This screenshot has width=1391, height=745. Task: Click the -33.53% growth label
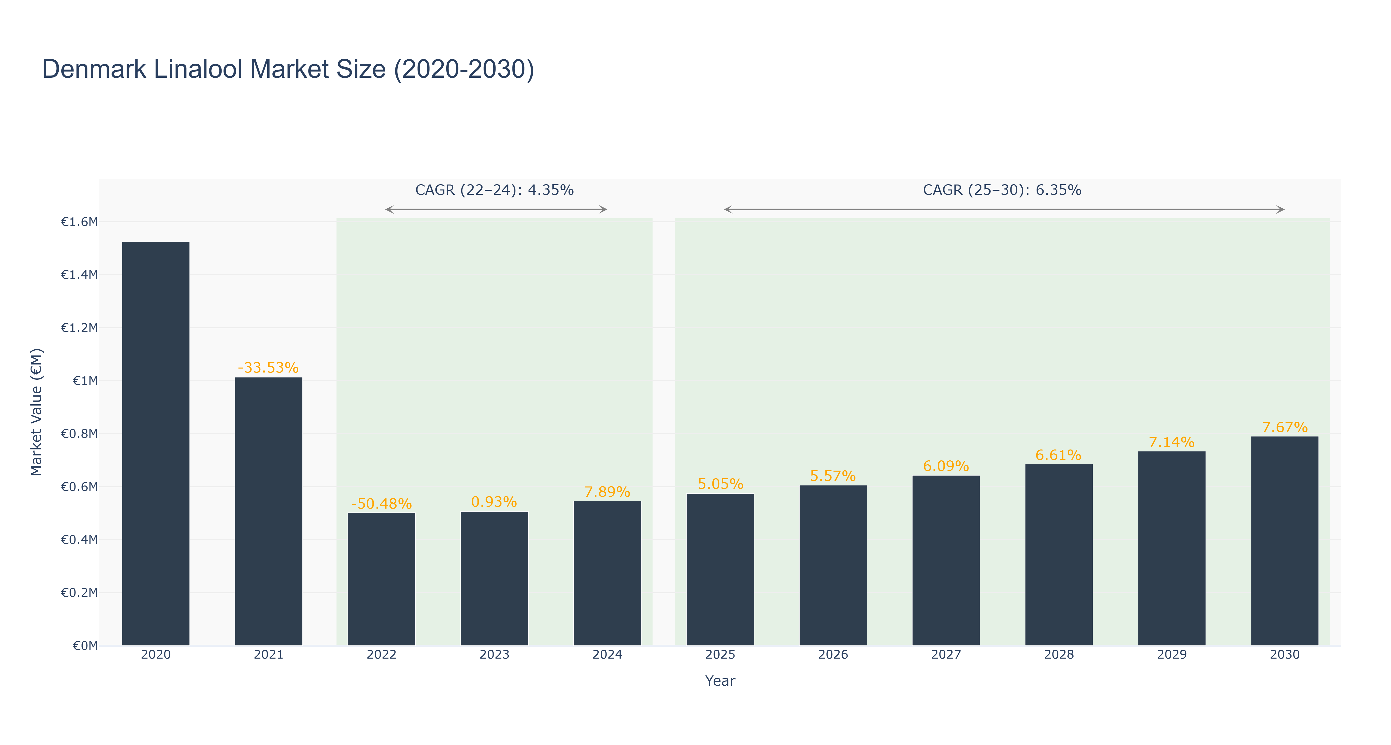click(268, 368)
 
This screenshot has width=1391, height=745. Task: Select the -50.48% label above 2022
click(381, 504)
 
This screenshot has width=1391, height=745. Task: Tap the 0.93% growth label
click(494, 502)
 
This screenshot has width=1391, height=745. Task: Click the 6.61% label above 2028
click(1058, 455)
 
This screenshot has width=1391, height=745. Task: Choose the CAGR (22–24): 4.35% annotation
click(494, 190)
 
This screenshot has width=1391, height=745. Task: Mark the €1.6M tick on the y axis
click(79, 222)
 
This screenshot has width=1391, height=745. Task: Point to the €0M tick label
click(85, 646)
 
